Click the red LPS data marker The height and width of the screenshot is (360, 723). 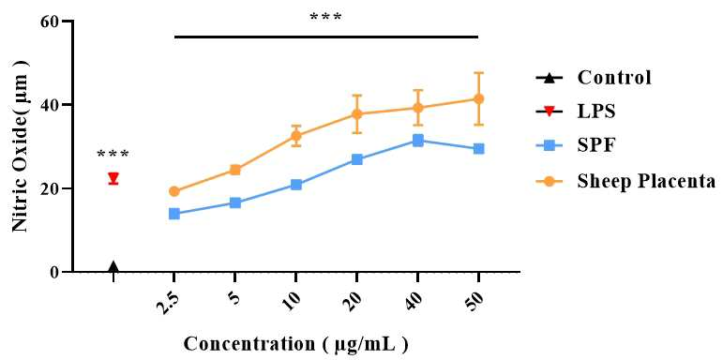[x=113, y=177]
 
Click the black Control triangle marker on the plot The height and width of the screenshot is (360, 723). [x=113, y=266]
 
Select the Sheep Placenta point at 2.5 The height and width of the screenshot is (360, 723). [x=174, y=191]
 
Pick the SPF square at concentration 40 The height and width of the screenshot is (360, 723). [x=417, y=141]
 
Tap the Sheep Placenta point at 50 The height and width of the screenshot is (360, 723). [x=479, y=99]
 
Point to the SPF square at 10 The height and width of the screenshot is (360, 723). [x=296, y=185]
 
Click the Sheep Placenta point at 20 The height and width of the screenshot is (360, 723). [x=357, y=113]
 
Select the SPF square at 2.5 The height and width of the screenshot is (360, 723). [x=174, y=214]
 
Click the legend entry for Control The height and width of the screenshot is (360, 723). [x=594, y=78]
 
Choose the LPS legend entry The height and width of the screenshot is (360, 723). [x=576, y=112]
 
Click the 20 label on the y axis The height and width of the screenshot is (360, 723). [x=51, y=188]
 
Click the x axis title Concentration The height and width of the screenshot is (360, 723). [x=295, y=345]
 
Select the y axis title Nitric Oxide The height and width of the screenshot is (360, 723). [x=22, y=146]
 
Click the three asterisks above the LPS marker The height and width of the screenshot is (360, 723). [x=113, y=155]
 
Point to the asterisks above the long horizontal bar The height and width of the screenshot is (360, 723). [x=326, y=18]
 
